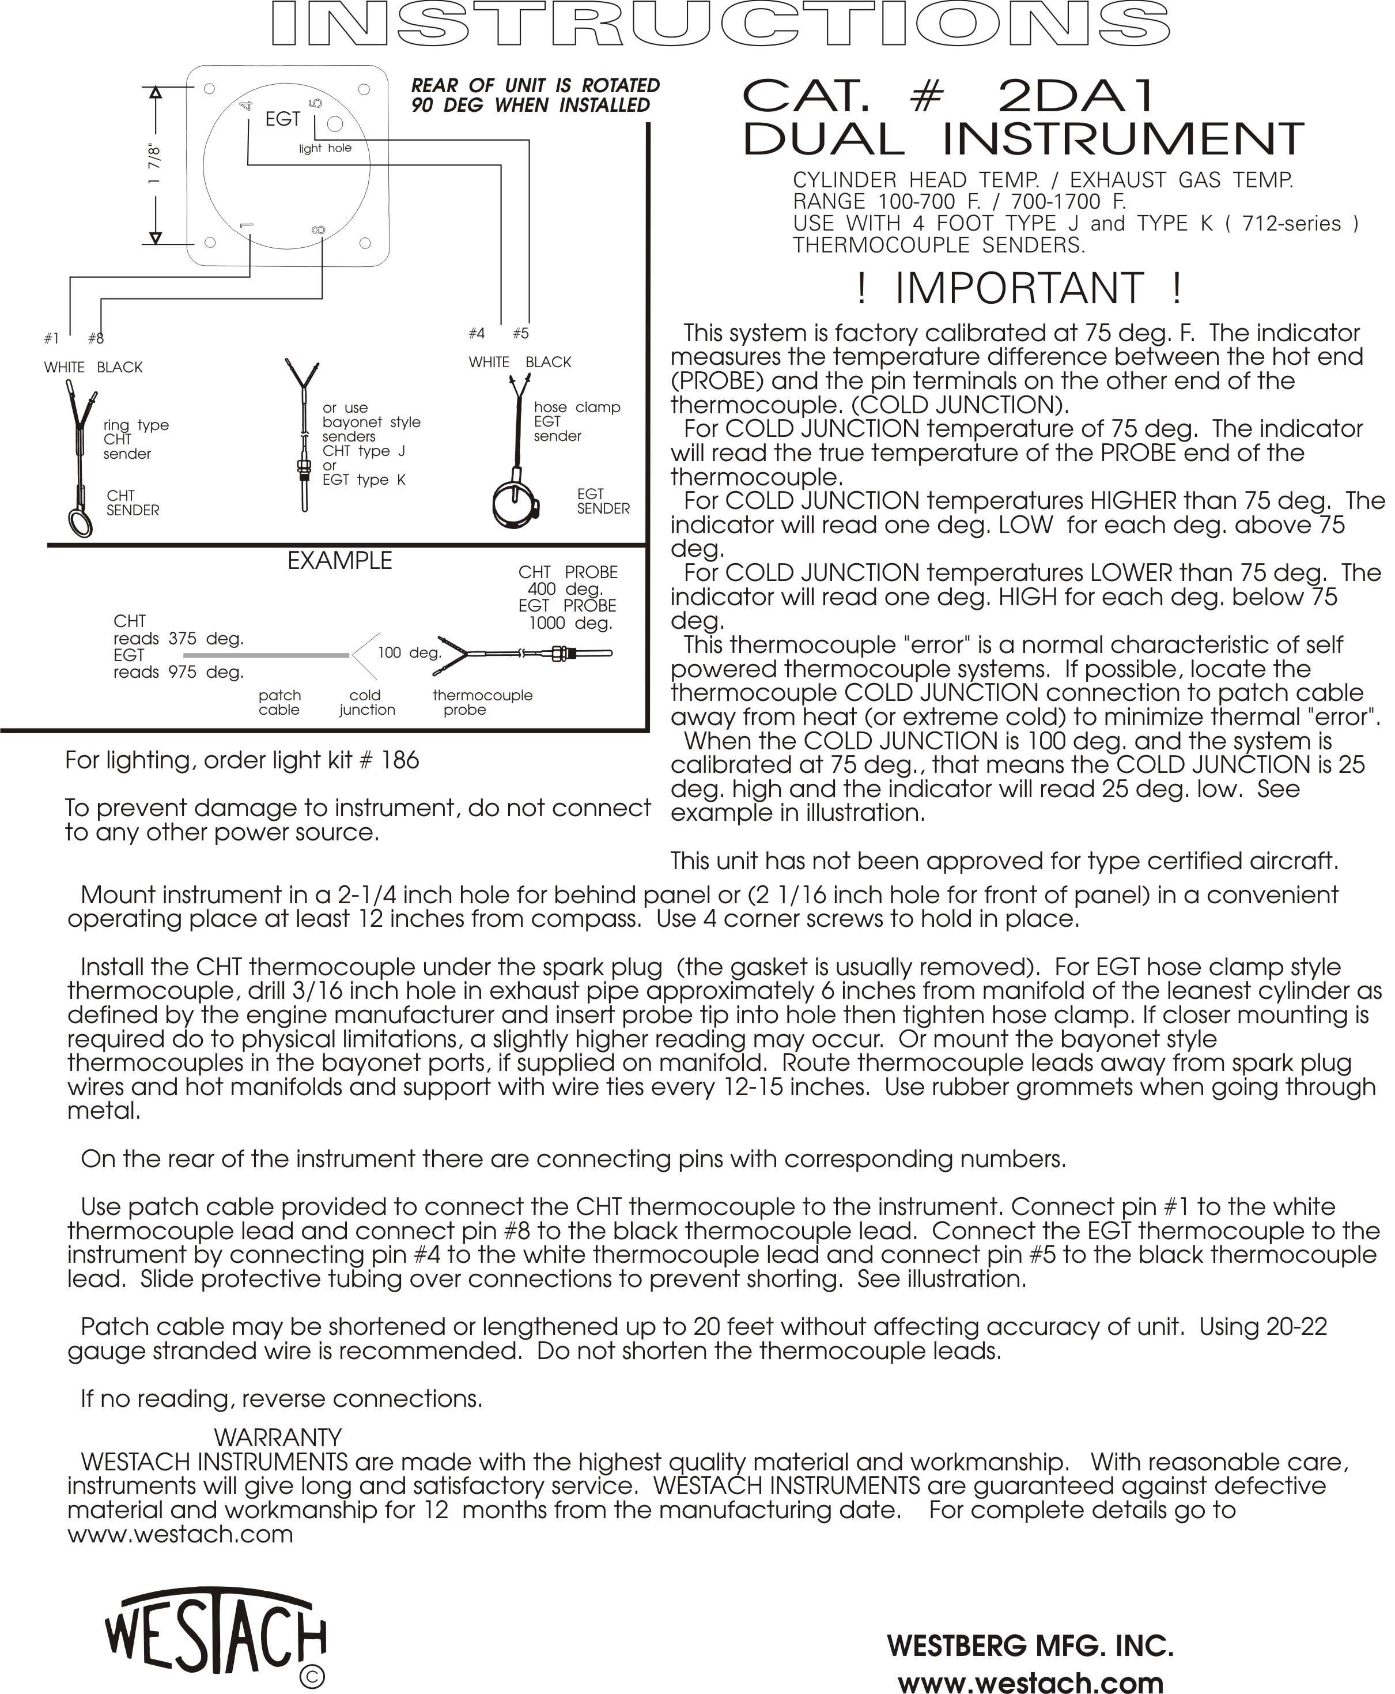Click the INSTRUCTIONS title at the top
click(720, 24)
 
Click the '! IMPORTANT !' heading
click(1019, 289)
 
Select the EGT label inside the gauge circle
click(283, 119)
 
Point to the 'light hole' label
click(324, 149)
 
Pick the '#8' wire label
click(96, 339)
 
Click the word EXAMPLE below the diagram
click(340, 561)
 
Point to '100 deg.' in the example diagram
click(409, 652)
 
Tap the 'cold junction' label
click(366, 703)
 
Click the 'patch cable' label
click(279, 703)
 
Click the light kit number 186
click(400, 760)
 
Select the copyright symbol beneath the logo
click(312, 1677)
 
